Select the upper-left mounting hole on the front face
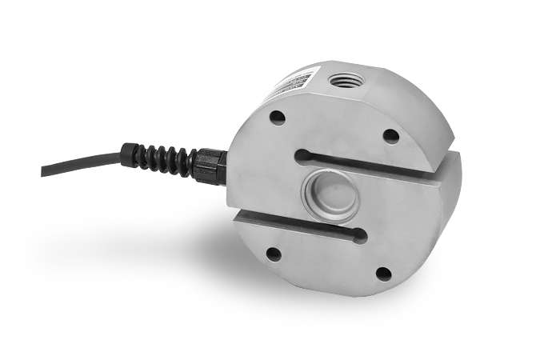pyautogui.click(x=277, y=118)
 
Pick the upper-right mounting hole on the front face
pyautogui.click(x=390, y=136)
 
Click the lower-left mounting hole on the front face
pyautogui.click(x=274, y=254)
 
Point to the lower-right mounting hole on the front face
pyautogui.click(x=384, y=274)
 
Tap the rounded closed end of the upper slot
pyautogui.click(x=302, y=154)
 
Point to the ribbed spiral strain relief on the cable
pyautogui.click(x=161, y=158)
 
